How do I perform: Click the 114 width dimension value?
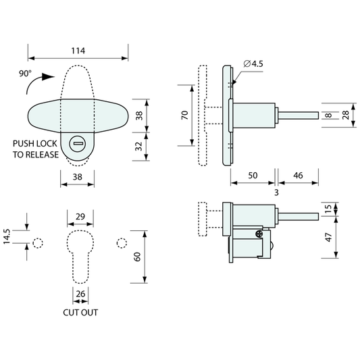(x=78, y=51)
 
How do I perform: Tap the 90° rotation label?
(x=25, y=74)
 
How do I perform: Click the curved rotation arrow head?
(x=49, y=77)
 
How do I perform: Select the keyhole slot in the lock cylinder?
(x=78, y=144)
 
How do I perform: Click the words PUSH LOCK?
(x=35, y=144)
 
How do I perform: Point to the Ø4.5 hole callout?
(x=253, y=63)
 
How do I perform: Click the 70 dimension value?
(x=185, y=115)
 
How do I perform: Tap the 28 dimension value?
(x=346, y=115)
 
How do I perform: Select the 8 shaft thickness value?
(x=329, y=115)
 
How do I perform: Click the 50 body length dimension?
(x=253, y=176)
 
